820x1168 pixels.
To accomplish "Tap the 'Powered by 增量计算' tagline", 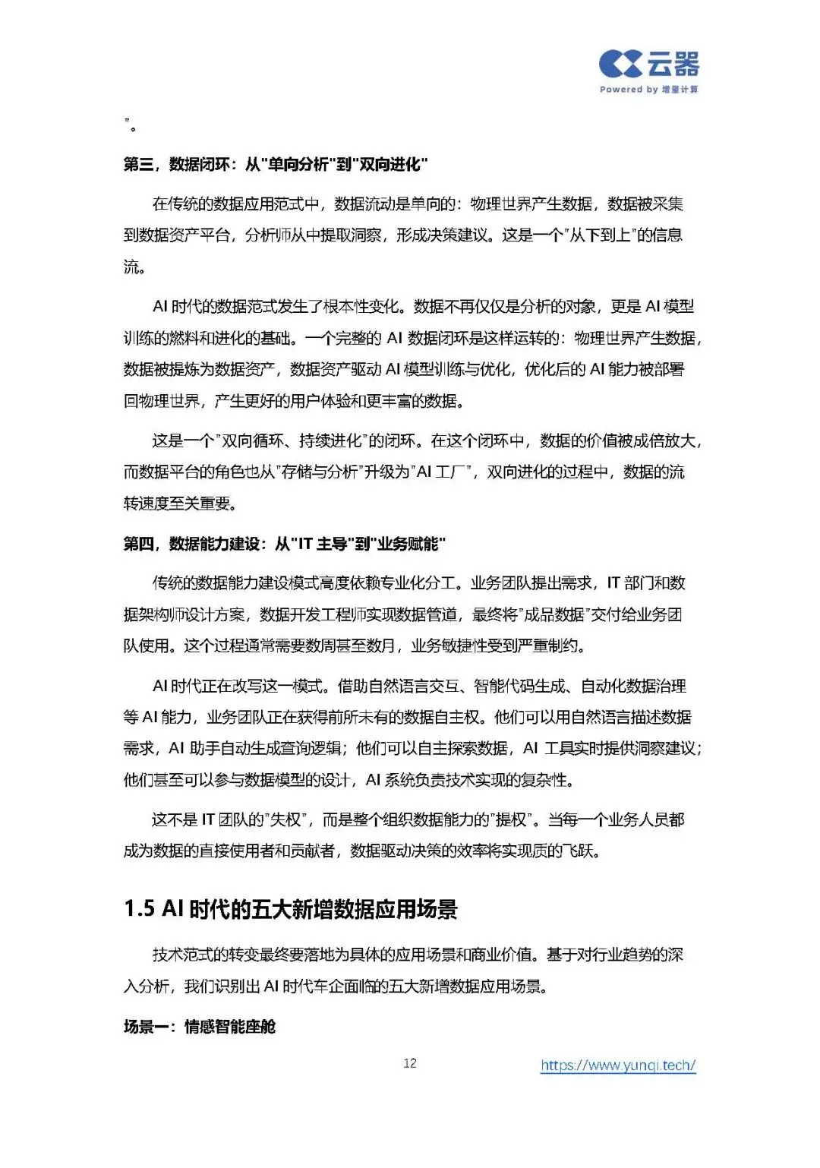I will pos(648,90).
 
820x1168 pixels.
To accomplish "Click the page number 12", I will pos(410,1063).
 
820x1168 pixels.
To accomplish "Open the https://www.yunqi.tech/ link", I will pos(618,1065).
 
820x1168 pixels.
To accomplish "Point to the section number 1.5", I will pos(140,909).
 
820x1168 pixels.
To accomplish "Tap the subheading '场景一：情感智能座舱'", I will pos(199,1027).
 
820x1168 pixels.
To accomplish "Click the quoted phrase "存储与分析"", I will pos(319,472).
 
